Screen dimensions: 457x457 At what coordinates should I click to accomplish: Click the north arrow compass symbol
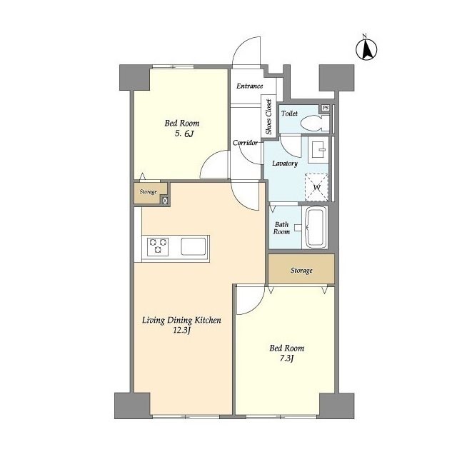(366, 49)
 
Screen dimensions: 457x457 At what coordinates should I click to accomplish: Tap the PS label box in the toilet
(326, 108)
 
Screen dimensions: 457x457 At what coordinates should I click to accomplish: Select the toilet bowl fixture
(315, 124)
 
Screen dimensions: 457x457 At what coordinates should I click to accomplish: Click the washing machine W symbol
(317, 187)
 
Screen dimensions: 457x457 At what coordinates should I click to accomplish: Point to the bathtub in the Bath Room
(316, 227)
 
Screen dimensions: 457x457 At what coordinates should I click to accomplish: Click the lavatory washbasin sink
(318, 149)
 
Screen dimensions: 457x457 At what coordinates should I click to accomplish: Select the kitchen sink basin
(194, 246)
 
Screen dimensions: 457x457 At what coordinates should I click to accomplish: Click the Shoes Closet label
(268, 116)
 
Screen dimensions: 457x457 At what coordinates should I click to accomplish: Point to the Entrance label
(249, 86)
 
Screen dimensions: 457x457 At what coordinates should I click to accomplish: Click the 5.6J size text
(184, 134)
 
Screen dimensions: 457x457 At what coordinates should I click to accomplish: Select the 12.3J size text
(182, 331)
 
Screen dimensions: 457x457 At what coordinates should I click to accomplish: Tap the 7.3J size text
(286, 358)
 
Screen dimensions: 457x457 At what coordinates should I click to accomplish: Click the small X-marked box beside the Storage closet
(165, 200)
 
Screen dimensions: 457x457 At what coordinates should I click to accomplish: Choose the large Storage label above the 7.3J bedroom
(301, 271)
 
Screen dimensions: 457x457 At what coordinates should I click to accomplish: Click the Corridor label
(245, 143)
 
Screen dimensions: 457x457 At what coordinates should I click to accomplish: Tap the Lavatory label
(285, 164)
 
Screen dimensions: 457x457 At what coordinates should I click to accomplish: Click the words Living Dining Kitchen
(181, 321)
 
